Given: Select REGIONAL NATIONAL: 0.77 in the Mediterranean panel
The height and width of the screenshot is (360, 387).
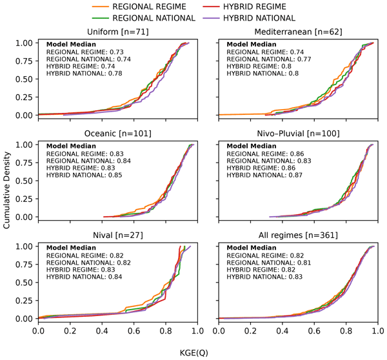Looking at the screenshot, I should tap(263, 59).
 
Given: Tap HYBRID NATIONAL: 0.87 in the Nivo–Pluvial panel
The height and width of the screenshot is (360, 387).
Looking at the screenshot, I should tap(261, 177).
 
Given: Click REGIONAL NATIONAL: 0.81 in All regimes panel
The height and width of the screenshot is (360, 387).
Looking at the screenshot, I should tap(263, 263).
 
